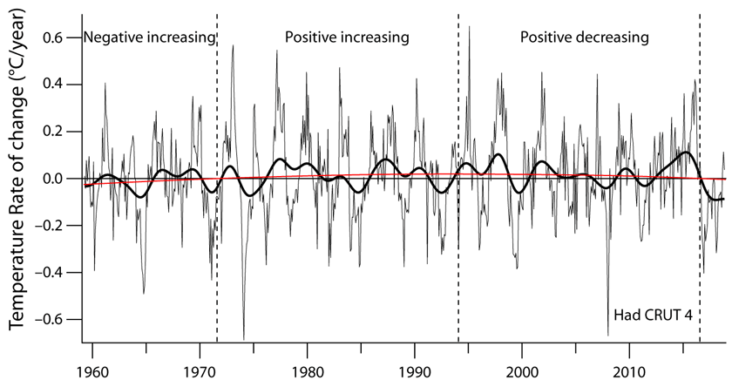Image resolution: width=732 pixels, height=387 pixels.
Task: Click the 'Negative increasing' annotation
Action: (148, 37)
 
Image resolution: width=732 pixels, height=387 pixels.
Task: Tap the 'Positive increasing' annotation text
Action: (347, 37)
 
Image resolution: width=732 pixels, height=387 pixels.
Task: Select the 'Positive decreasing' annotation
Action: (584, 37)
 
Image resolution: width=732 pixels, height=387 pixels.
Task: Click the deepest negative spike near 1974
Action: (244, 338)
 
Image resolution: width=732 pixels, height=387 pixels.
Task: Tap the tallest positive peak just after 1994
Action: (469, 27)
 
